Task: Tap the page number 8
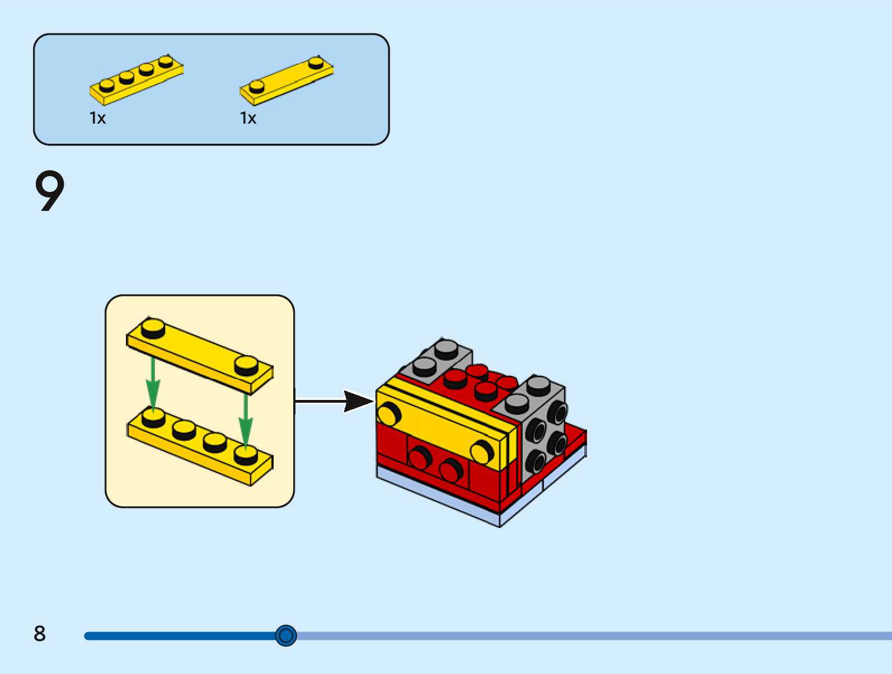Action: [x=39, y=634]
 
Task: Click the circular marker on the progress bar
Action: [x=286, y=635]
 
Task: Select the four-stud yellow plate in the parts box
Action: [x=136, y=81]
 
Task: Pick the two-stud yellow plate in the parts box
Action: [x=287, y=82]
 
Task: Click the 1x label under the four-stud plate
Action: [x=97, y=118]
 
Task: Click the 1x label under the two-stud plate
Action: [x=248, y=118]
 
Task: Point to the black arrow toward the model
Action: [x=336, y=401]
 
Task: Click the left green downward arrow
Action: [x=153, y=385]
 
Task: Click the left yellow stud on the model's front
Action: [x=388, y=414]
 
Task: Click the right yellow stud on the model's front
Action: [x=481, y=451]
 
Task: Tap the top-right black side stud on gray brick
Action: [x=557, y=413]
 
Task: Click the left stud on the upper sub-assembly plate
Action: [x=153, y=328]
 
